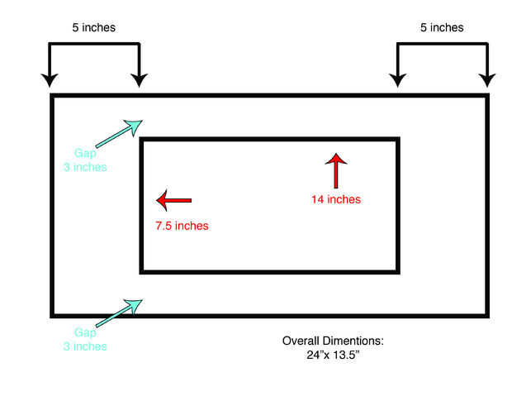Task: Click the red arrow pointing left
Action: pyautogui.click(x=173, y=200)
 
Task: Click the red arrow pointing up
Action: pyautogui.click(x=336, y=170)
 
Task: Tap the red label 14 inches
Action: pyautogui.click(x=336, y=199)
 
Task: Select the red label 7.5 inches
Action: pyautogui.click(x=182, y=226)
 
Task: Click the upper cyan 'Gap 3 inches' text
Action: pyautogui.click(x=85, y=160)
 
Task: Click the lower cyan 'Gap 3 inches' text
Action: pyautogui.click(x=85, y=340)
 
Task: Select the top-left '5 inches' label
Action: pyautogui.click(x=93, y=27)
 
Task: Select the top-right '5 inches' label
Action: pyautogui.click(x=442, y=27)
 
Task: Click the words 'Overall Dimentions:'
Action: pyautogui.click(x=334, y=341)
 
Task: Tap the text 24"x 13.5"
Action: pyautogui.click(x=334, y=355)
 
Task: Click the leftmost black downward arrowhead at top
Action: pyautogui.click(x=50, y=79)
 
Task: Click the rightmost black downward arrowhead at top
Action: pyautogui.click(x=487, y=79)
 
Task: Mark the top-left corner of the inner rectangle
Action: pyautogui.click(x=142, y=140)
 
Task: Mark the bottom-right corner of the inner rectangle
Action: pyautogui.click(x=398, y=270)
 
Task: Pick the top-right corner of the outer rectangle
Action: pyautogui.click(x=486, y=96)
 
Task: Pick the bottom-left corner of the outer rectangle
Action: pyautogui.click(x=53, y=315)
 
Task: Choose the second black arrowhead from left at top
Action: pyautogui.click(x=139, y=79)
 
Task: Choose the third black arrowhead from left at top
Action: pyautogui.click(x=398, y=79)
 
